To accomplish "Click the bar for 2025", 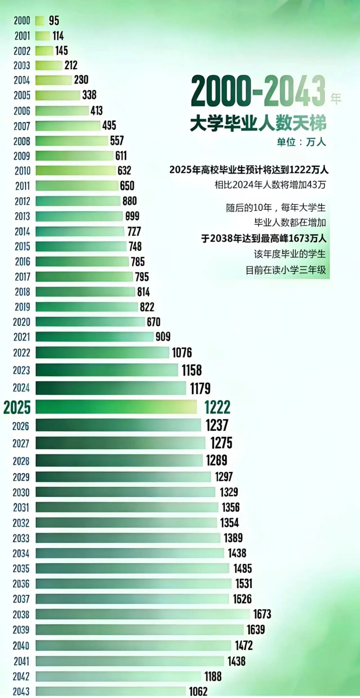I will click(116, 407).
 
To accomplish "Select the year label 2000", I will click(22, 21).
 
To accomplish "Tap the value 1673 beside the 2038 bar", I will click(262, 614).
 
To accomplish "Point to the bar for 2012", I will click(78, 201).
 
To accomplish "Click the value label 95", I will click(54, 21).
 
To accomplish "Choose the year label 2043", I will click(21, 691).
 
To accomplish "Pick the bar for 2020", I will click(90, 322).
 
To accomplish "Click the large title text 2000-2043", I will click(258, 92).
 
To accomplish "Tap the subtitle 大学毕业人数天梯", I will click(258, 123).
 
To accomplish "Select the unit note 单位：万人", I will click(301, 142).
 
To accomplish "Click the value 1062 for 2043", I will click(198, 691).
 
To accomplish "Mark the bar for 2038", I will click(143, 614).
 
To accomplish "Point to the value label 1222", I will click(217, 407).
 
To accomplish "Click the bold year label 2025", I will click(17, 407).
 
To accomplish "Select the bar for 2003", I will click(49, 65).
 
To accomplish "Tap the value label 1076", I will click(182, 353).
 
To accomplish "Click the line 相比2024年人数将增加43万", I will click(270, 185).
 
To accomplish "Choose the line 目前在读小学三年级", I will click(286, 270).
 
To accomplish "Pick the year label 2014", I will click(22, 231).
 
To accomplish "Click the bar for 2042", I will click(118, 676).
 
